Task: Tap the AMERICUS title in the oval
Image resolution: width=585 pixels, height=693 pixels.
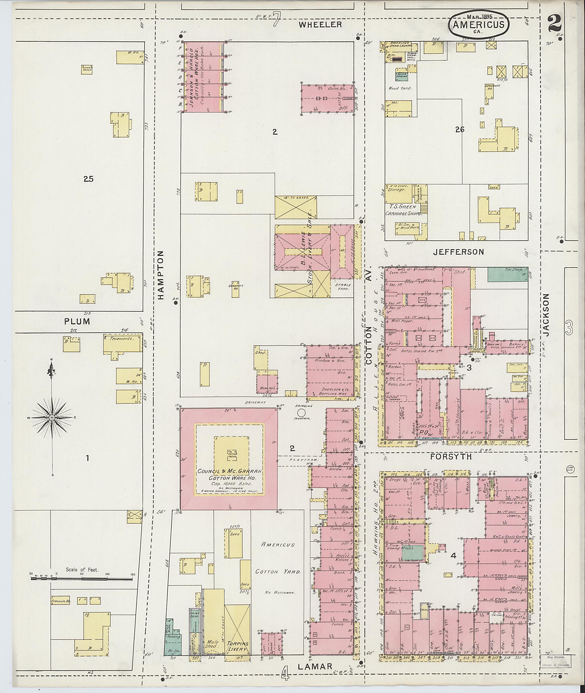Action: click(478, 25)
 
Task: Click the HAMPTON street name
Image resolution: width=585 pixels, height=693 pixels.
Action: click(161, 275)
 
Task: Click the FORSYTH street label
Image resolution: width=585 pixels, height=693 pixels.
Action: click(451, 457)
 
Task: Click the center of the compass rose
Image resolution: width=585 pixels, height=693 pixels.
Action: click(51, 418)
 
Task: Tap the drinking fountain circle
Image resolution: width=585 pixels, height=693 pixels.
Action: click(301, 413)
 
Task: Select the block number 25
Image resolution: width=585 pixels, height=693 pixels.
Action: click(89, 179)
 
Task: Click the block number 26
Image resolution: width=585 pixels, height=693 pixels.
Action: click(460, 130)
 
